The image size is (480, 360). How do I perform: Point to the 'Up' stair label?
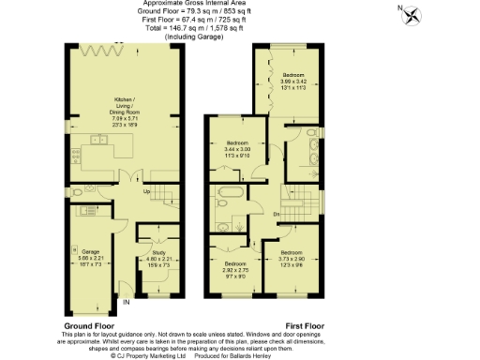coord(145,193)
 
